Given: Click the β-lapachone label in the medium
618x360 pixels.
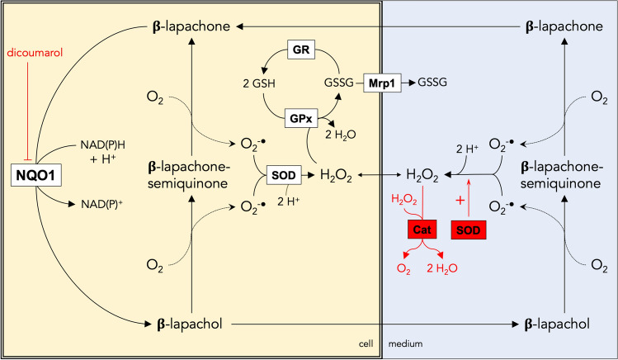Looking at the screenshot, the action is pyautogui.click(x=562, y=26).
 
